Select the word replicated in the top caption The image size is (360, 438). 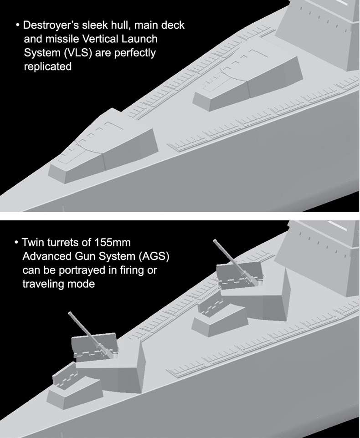48,67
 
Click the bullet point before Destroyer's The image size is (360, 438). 18,25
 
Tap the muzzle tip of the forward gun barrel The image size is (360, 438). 70,313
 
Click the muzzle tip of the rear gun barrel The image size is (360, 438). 215,241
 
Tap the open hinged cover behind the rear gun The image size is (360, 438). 210,307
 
